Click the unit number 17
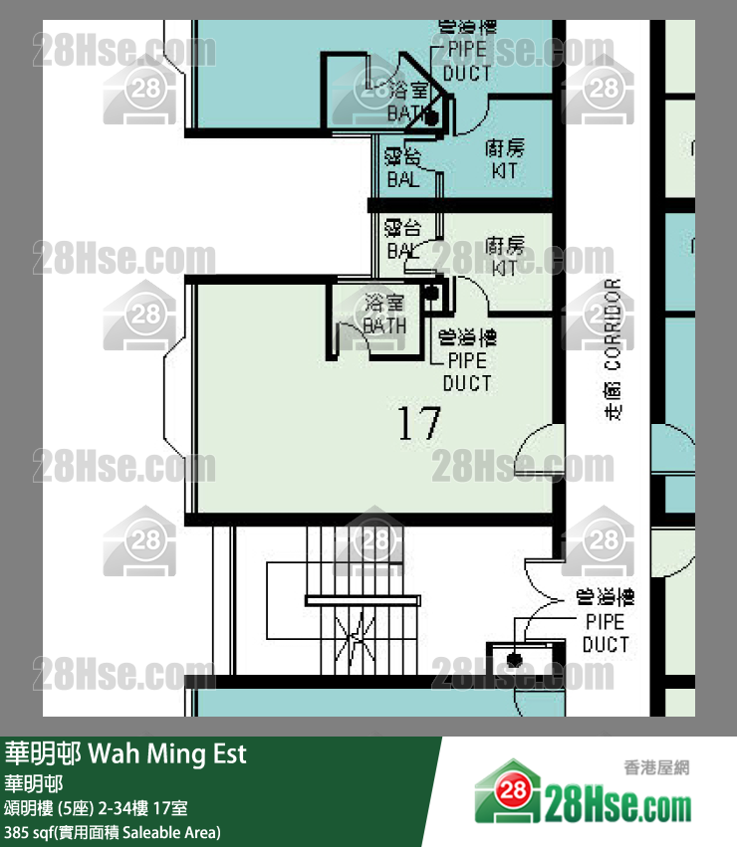point(419,425)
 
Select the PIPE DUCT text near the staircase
point(606,633)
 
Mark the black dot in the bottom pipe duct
point(514,660)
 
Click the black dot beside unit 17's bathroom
point(431,293)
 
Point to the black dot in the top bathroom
point(431,117)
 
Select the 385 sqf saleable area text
point(113,832)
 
